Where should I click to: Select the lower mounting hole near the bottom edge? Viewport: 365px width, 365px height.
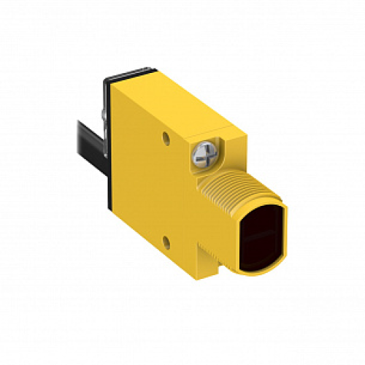tap(169, 238)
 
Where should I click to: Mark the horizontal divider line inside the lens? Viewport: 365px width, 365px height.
tap(261, 236)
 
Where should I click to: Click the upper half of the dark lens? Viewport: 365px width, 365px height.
tap(264, 223)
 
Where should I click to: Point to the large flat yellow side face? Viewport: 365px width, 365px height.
tap(146, 182)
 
